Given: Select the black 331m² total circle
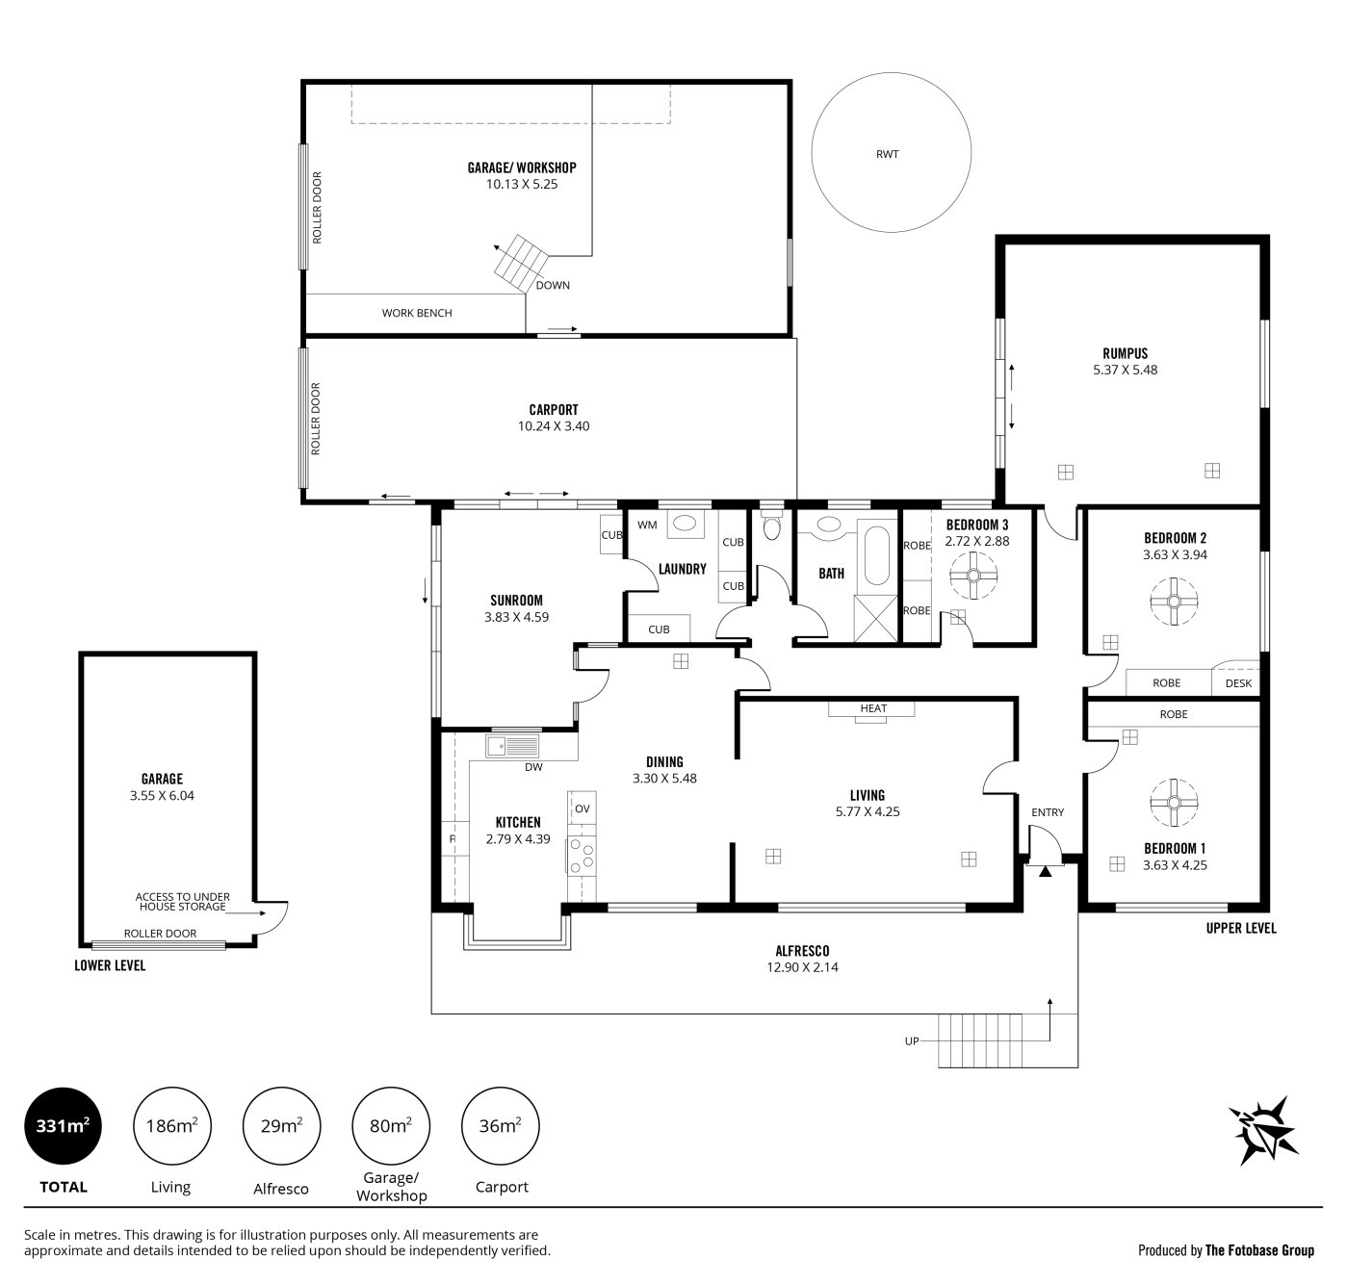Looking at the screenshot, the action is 63,1126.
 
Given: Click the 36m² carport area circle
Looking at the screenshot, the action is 500,1126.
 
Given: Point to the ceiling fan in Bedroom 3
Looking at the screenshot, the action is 972,577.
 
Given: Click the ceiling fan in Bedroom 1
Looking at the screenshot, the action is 1174,802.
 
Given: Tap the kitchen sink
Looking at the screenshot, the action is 512,745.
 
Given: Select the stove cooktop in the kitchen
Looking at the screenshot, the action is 581,856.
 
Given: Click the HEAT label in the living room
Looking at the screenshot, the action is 873,708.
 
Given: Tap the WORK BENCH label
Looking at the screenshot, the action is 417,313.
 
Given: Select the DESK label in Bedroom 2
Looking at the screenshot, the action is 1238,683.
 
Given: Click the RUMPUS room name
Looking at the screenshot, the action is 1125,353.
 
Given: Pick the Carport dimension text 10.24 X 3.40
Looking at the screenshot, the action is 554,426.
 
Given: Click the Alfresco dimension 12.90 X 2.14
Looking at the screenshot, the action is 802,967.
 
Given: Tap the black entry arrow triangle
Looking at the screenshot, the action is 1045,872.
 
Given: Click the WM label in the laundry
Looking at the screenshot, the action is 647,526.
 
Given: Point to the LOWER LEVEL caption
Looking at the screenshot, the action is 110,965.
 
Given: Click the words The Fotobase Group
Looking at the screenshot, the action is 1259,1250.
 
